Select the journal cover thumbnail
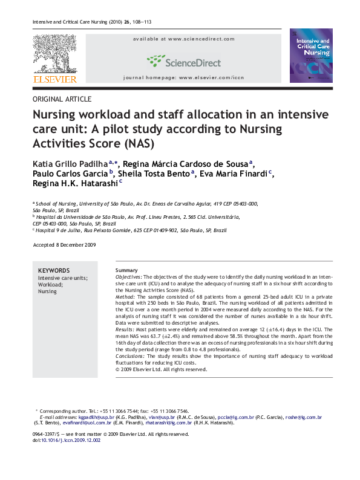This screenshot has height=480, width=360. [311, 56]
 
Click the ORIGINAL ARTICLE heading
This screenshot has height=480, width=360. [62, 99]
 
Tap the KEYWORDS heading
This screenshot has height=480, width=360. [53, 270]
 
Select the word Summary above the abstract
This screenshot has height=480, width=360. [126, 270]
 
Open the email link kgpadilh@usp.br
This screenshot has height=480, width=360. [96, 417]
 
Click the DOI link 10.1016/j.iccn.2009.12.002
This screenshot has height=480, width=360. [71, 440]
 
